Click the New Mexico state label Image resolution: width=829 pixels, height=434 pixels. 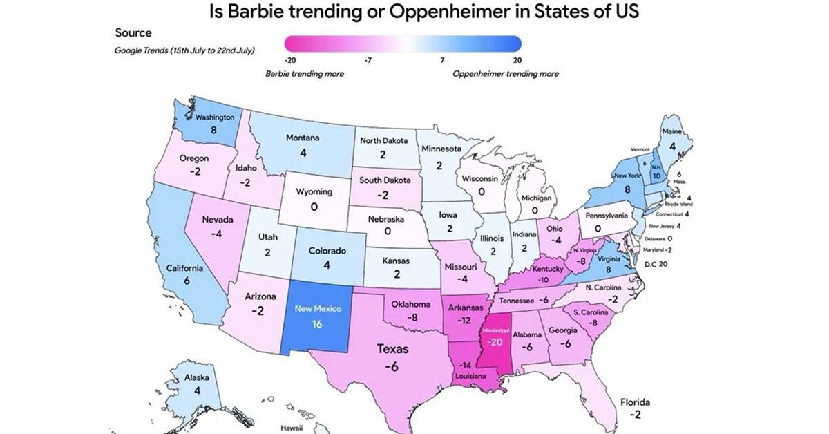click(x=317, y=308)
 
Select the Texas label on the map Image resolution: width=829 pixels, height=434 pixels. click(x=392, y=349)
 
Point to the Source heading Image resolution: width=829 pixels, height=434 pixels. click(x=133, y=32)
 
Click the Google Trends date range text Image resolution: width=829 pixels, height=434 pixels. click(x=184, y=50)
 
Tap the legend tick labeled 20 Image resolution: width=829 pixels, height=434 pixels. click(x=517, y=61)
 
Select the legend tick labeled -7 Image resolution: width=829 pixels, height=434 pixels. click(x=368, y=61)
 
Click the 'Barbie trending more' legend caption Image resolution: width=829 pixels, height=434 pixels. click(x=304, y=73)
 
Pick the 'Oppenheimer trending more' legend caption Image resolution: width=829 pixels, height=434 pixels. click(x=505, y=73)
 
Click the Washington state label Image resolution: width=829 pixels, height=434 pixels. click(x=214, y=117)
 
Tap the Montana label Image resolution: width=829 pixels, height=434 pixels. click(x=302, y=138)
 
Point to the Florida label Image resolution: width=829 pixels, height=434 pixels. click(x=634, y=402)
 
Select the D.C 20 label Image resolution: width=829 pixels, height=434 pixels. click(x=655, y=264)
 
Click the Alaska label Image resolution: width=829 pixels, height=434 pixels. click(x=197, y=378)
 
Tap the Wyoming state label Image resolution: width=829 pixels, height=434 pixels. click(x=314, y=192)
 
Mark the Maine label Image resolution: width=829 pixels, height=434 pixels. click(x=671, y=131)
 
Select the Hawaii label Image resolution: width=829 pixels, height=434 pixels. click(x=291, y=428)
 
